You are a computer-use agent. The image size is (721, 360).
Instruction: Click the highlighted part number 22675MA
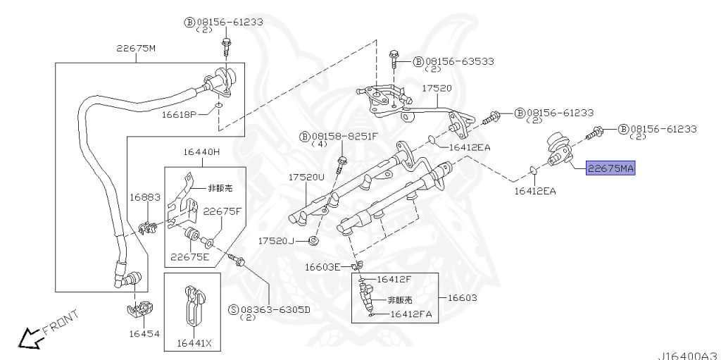click(610, 168)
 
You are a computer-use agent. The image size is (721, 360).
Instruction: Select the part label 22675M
click(136, 48)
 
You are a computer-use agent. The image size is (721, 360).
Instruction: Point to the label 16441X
click(194, 343)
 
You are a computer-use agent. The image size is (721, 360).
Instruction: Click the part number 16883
click(145, 197)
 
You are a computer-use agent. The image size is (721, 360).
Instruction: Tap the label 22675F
click(222, 211)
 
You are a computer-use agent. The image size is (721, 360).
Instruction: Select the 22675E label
click(190, 256)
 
